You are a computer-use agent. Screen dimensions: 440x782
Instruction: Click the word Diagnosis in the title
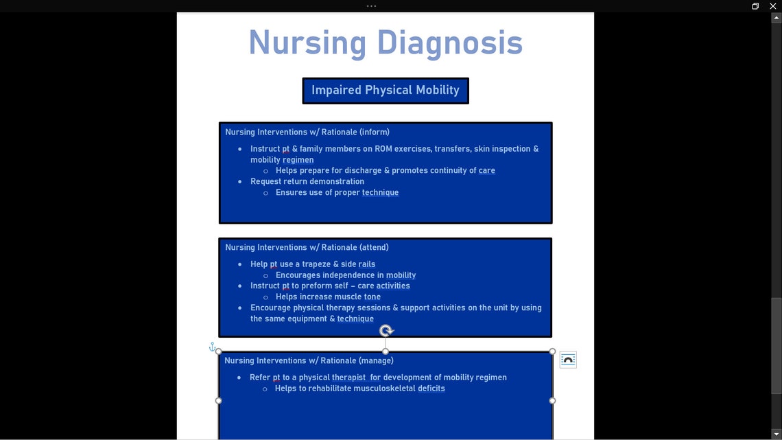[449, 43]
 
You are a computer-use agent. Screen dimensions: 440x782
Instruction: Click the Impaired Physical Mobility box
[386, 91]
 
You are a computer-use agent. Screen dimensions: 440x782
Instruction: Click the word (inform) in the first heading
[374, 132]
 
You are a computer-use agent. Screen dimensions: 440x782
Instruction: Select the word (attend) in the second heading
[374, 247]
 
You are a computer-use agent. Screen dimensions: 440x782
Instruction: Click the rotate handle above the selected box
[386, 331]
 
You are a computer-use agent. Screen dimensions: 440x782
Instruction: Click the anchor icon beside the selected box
[212, 347]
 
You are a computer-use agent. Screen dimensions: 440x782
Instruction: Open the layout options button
[568, 360]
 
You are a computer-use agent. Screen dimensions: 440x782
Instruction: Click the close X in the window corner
[773, 6]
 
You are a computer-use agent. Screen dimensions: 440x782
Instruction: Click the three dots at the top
[371, 6]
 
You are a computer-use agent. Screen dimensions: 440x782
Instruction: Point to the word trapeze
[316, 264]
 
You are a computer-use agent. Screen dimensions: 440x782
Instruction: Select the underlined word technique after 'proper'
[380, 192]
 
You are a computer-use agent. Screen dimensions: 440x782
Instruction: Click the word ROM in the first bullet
[383, 148]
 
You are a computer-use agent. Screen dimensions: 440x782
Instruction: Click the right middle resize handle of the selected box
[552, 400]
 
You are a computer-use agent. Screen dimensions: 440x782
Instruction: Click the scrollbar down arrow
[777, 434]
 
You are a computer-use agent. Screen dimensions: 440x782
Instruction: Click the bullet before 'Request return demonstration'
[240, 182]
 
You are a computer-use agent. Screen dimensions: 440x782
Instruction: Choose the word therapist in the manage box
[348, 378]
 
